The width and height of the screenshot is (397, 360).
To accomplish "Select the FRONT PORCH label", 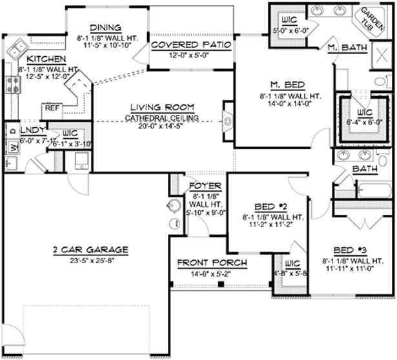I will point(203,263).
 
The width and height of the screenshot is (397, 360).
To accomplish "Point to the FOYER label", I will point(206,186).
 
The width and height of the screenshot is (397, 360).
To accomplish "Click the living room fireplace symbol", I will point(229,120).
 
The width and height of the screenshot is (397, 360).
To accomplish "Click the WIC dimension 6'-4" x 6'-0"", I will point(364,121).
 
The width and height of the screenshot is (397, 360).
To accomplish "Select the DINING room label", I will point(105,27).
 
